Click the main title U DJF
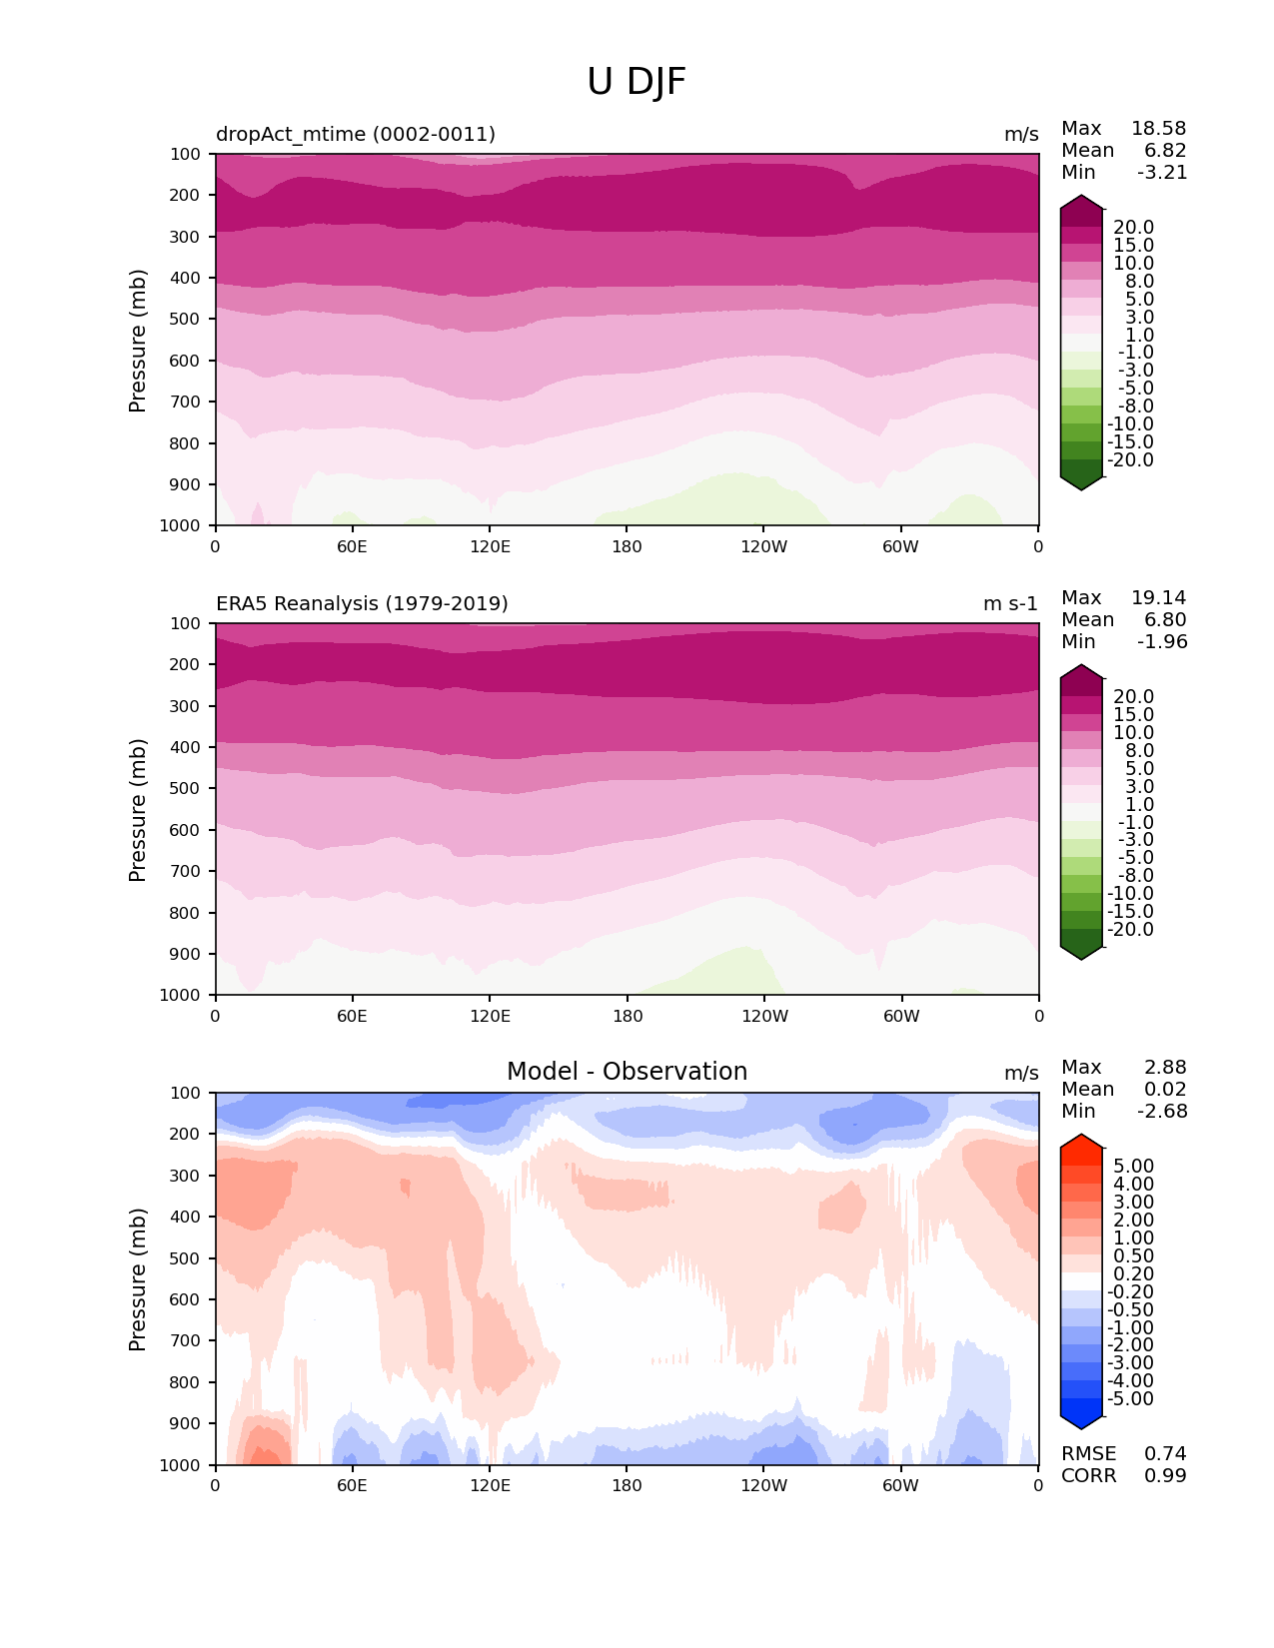pos(637,82)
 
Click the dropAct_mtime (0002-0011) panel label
pos(356,135)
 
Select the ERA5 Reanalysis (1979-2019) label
pos(362,604)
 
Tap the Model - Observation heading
pos(627,1072)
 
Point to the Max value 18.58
pos(1158,129)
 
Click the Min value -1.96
pos(1162,642)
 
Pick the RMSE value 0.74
pos(1165,1454)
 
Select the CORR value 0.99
pos(1165,1476)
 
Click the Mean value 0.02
pos(1165,1090)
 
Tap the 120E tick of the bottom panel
pos(490,1486)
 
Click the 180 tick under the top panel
pos(627,547)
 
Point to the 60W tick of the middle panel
pos(901,1017)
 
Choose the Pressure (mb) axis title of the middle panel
pos(138,810)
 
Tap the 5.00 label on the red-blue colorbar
pos(1133,1167)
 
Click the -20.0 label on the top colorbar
pos(1130,460)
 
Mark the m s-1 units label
pos(1010,604)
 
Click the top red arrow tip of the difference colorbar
pos(1081,1140)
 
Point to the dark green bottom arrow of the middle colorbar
pos(1081,951)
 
